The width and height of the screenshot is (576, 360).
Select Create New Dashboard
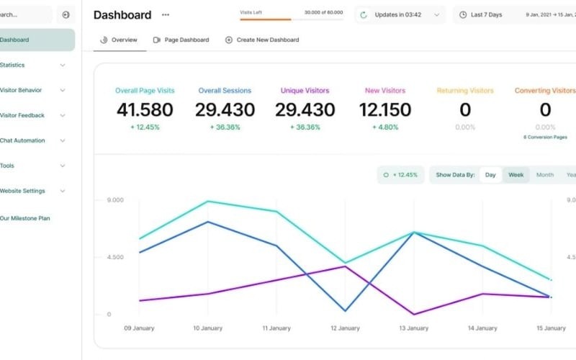262,40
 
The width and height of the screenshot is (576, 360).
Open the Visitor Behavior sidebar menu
22,90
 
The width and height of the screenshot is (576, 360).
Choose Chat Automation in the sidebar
23,140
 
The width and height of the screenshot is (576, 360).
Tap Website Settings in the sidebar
23,191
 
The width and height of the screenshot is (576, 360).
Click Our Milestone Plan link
25,218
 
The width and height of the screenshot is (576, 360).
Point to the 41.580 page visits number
145,110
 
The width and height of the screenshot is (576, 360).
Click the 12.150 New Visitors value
385,110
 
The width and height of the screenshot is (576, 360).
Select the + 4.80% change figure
385,127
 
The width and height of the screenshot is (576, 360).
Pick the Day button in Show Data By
490,175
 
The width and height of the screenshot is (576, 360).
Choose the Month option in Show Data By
545,175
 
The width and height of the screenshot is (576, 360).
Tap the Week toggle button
516,175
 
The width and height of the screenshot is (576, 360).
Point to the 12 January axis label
345,328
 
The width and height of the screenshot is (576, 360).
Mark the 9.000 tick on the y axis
114,200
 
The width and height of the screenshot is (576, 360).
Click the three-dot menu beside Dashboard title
166,15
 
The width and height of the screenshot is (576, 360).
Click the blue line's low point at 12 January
346,311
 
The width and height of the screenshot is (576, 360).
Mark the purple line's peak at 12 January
346,266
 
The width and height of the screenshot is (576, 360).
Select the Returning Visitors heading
465,91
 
